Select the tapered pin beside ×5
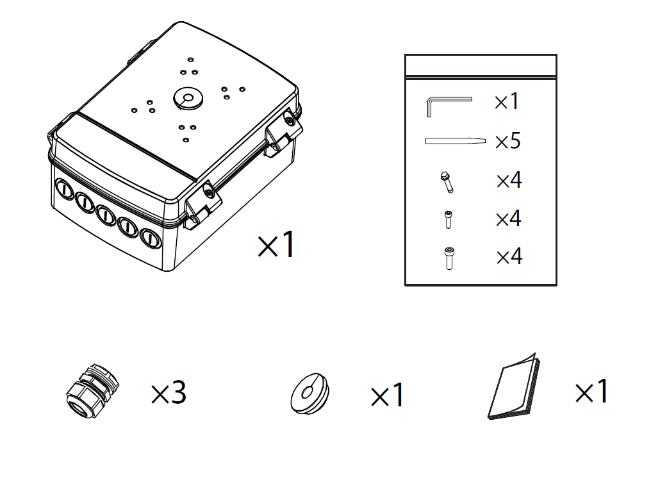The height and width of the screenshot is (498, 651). [455, 141]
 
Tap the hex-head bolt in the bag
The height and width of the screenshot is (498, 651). [447, 182]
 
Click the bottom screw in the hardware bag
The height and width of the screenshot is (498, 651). [449, 258]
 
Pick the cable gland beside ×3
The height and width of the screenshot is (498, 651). [92, 390]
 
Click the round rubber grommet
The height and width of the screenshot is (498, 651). [309, 394]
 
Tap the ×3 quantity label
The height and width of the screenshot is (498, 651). [169, 392]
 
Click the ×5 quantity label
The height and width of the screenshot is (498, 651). [507, 141]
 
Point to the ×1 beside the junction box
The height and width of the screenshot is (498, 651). [277, 245]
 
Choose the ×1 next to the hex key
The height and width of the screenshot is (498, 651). [507, 101]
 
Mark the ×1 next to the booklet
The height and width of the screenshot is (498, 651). [591, 391]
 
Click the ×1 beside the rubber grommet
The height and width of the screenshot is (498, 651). [387, 395]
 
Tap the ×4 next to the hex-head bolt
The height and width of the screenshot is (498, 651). [509, 180]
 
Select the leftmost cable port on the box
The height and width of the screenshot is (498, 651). [65, 189]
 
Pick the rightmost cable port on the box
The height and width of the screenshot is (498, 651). [150, 238]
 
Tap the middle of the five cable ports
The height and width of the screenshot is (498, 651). [106, 215]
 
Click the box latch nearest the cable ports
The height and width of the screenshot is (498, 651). [202, 204]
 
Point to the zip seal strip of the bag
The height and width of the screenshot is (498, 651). [481, 77]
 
